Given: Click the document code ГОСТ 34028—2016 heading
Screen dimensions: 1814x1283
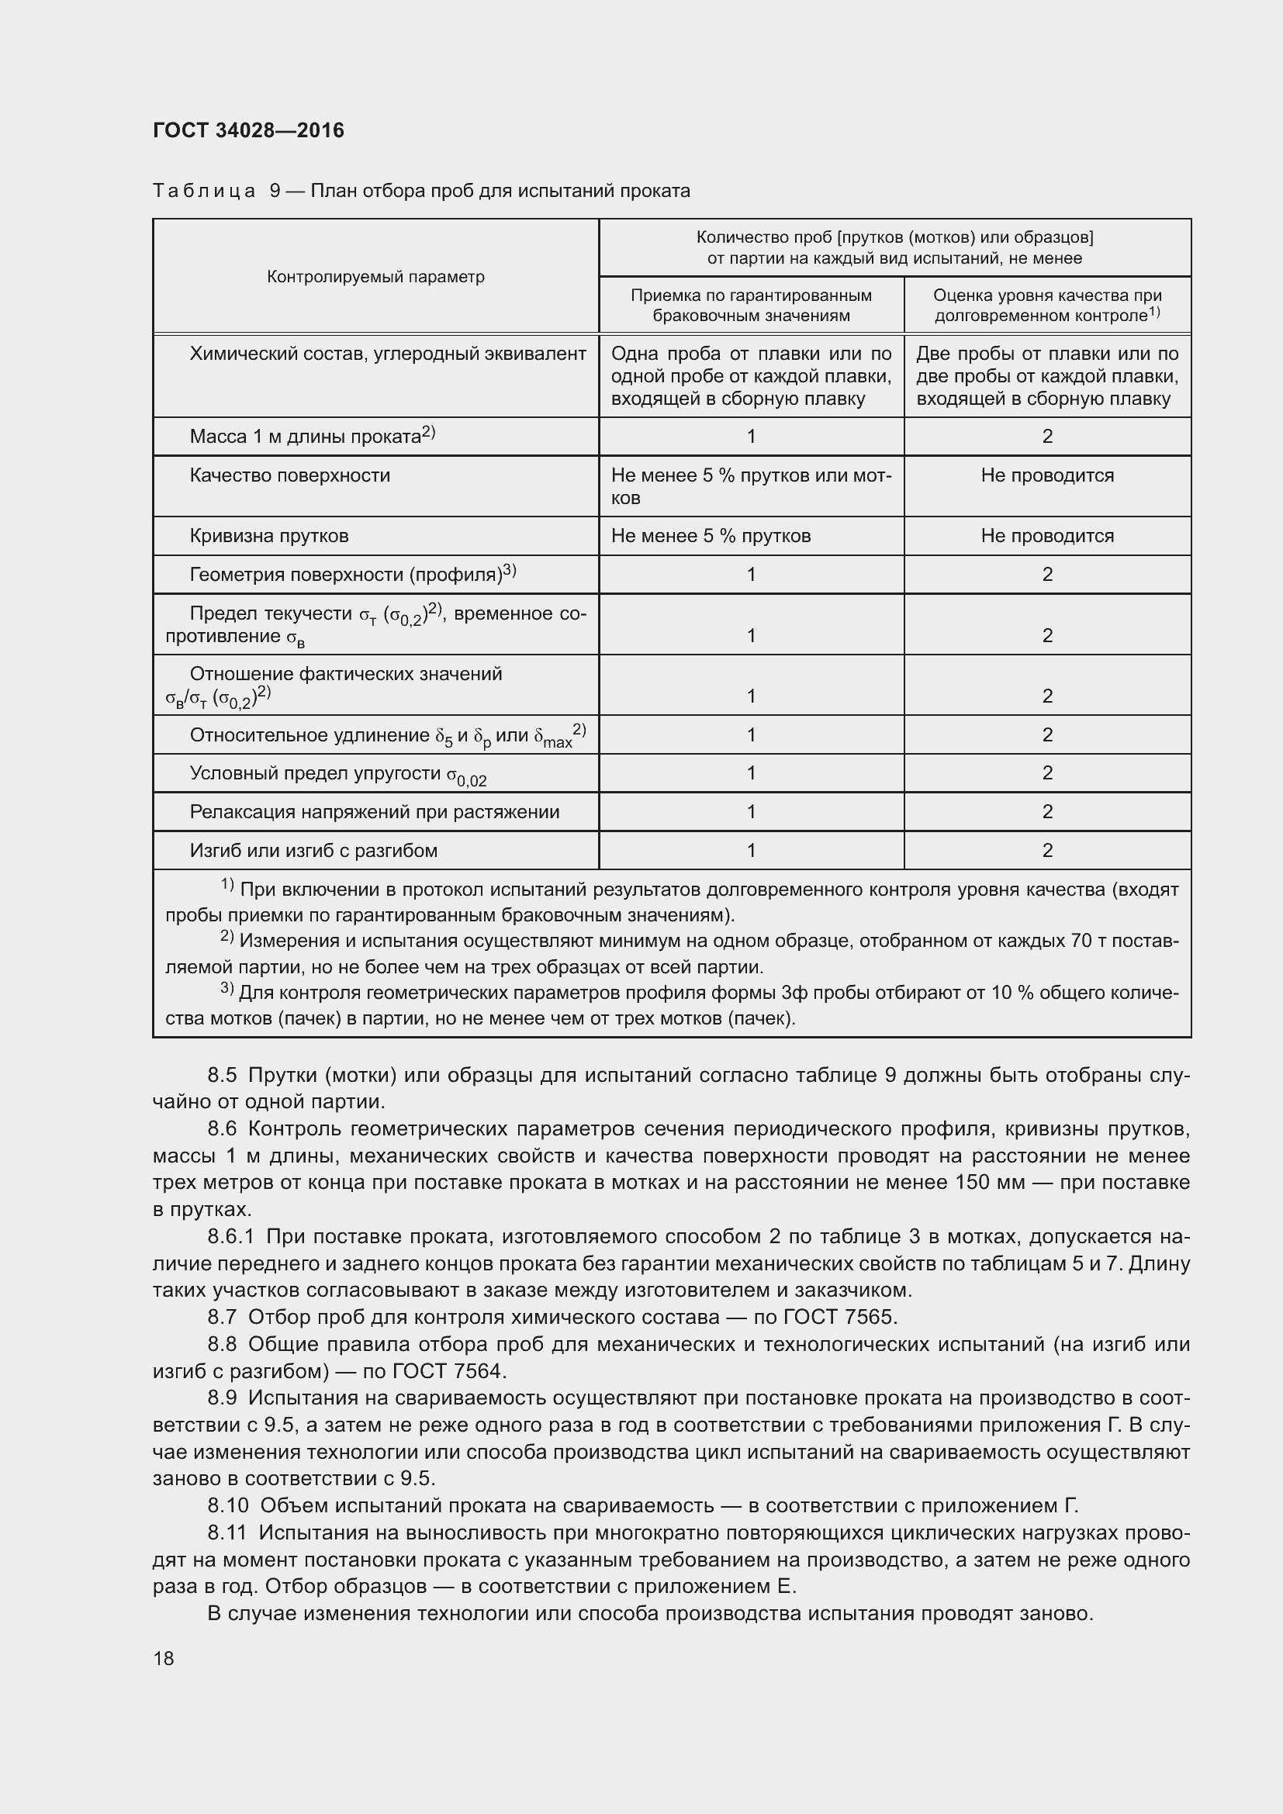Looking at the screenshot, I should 248,130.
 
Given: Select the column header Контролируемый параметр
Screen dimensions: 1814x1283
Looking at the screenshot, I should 375,277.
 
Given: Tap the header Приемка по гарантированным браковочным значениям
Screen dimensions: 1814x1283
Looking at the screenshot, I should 751,305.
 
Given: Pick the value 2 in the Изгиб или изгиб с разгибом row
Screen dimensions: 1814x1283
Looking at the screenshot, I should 1046,850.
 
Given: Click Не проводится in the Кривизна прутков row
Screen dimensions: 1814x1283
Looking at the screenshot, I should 1046,536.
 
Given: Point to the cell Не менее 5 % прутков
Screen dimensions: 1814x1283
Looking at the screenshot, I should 711,536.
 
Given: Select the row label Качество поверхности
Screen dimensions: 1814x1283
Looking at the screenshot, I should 289,475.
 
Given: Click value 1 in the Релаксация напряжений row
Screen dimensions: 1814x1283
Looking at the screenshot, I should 751,811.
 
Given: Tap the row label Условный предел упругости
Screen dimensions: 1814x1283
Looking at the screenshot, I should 337,773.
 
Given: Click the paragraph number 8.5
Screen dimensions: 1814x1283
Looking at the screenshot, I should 223,1074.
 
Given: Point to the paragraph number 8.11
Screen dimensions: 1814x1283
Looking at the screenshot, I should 227,1532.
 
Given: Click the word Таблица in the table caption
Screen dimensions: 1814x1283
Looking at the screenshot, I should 204,191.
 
